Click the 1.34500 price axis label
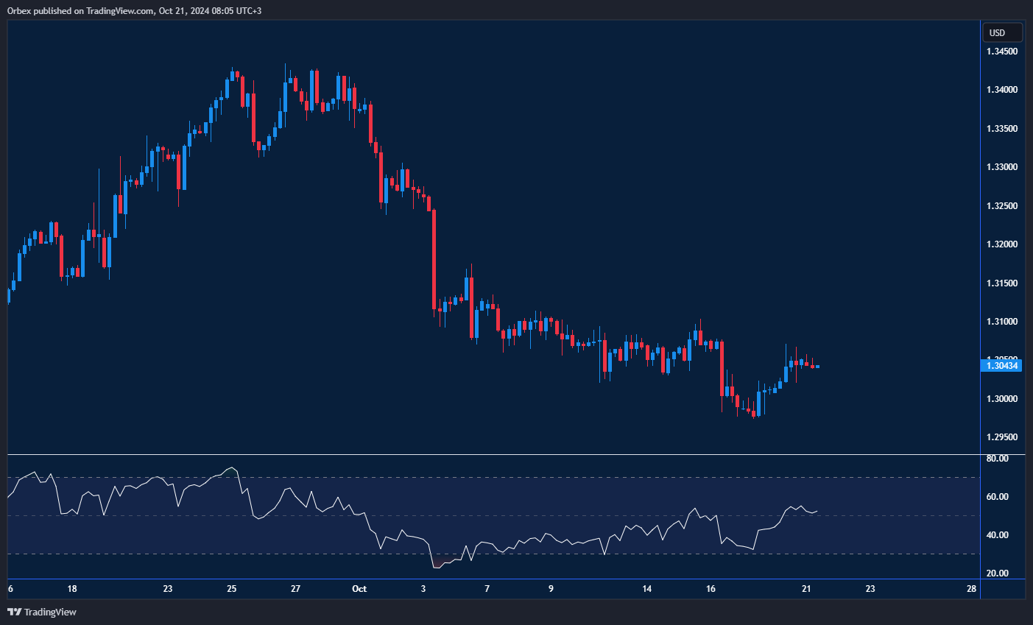pos(1001,52)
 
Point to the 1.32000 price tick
pos(1001,244)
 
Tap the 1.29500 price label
pos(1001,437)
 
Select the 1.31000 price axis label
pos(1001,322)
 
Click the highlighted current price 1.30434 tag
pos(1002,366)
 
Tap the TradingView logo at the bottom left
pos(42,612)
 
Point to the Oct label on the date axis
pos(359,589)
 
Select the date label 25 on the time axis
pos(232,589)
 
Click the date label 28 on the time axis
pos(972,589)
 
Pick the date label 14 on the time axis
pos(647,589)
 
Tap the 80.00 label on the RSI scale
pos(997,459)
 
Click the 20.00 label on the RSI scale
pos(997,573)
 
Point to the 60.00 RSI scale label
pos(997,497)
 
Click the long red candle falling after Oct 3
pos(434,258)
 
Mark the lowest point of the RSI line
pos(435,568)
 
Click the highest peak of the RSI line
pos(233,467)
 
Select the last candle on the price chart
pos(817,366)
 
